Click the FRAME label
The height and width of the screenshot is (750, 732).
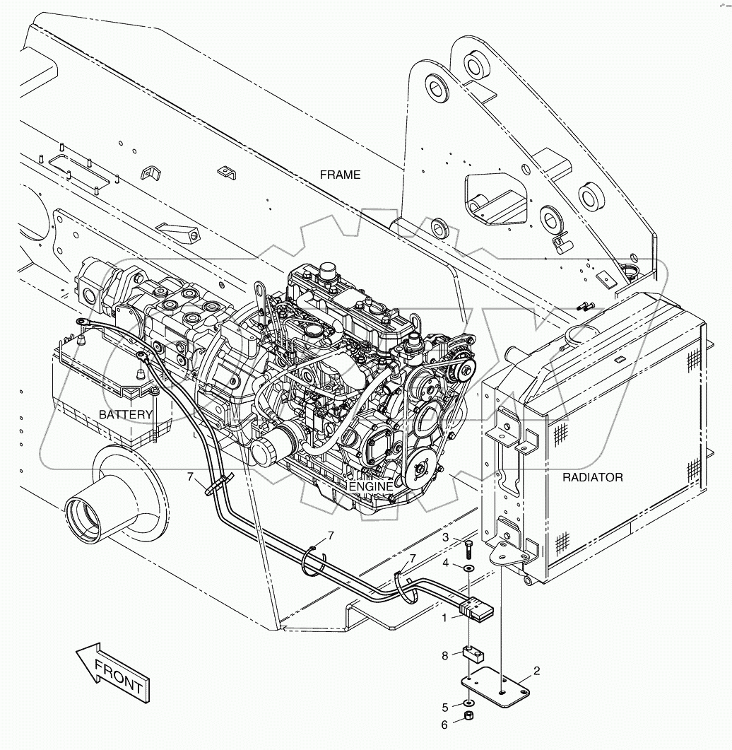pos(340,175)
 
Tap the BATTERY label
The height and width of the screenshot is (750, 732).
pos(126,414)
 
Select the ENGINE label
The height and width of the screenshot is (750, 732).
pos(370,486)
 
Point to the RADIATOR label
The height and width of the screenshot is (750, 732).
pos(592,477)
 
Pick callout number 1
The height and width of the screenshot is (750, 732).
pos(445,618)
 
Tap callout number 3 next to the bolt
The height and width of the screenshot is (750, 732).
pos(446,539)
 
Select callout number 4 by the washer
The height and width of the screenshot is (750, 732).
pos(446,563)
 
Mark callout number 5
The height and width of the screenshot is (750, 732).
pos(446,706)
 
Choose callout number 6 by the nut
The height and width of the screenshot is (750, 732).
pos(446,724)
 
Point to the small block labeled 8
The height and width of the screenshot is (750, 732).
pos(471,654)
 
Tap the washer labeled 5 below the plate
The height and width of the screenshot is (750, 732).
pos(468,704)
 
